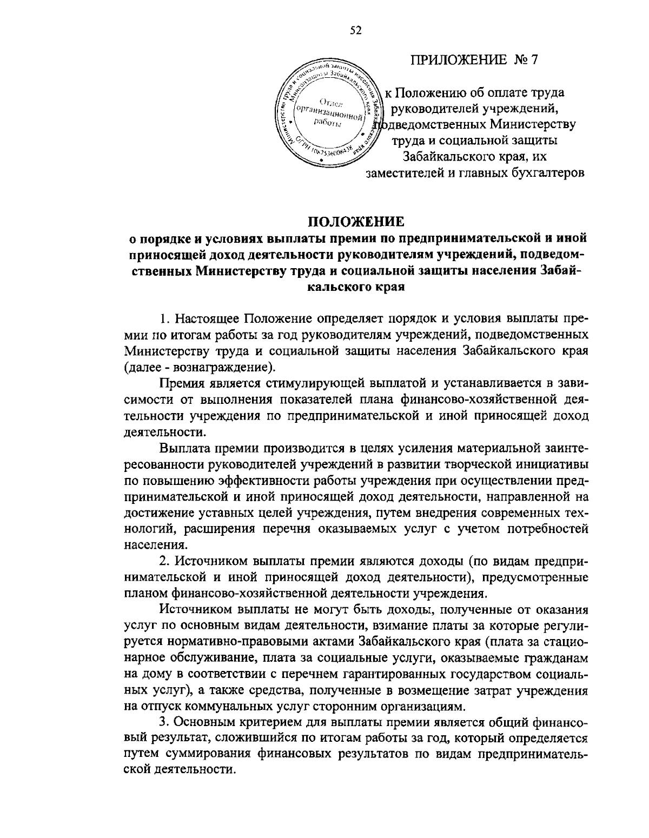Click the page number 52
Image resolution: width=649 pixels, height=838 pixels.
(355, 31)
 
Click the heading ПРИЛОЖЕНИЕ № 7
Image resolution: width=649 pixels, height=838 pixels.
(474, 60)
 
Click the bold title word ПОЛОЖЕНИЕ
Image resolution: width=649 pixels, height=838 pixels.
(356, 222)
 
